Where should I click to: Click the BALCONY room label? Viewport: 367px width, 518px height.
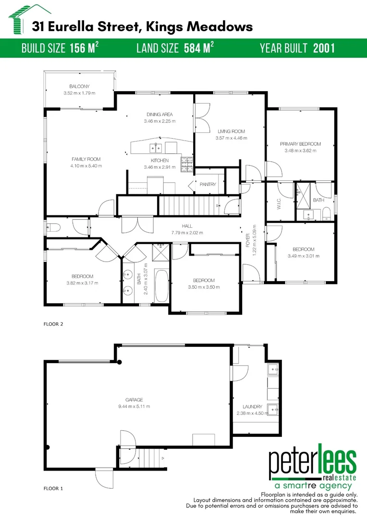click(79, 87)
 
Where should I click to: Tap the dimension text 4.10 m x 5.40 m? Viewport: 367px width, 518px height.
click(86, 166)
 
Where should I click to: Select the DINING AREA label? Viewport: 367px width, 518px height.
click(159, 115)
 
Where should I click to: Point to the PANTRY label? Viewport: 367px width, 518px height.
click(208, 184)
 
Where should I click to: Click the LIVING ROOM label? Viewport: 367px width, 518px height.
click(231, 131)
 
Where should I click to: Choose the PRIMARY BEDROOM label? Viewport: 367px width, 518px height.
click(300, 144)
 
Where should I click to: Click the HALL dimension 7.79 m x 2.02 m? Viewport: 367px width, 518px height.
click(187, 233)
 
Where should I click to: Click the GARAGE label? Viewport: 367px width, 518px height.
click(135, 400)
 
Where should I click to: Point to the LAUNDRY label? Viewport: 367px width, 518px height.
click(253, 407)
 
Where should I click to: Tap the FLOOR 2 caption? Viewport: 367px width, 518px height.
click(53, 324)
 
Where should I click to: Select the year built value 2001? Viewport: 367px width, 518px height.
click(324, 48)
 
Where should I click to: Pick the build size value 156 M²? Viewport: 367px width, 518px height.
click(84, 48)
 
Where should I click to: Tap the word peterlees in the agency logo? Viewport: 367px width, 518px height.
click(312, 462)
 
